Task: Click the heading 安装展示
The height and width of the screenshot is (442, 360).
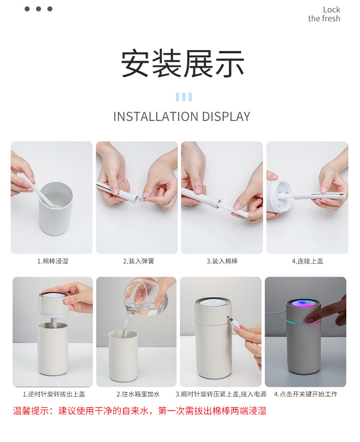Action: [x=182, y=63]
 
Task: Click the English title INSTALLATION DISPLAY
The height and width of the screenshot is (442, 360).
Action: [x=181, y=116]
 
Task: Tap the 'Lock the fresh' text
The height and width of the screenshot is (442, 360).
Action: [x=324, y=14]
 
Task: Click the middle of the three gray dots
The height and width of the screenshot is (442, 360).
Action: [x=38, y=9]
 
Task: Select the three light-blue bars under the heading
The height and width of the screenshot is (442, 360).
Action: [x=183, y=97]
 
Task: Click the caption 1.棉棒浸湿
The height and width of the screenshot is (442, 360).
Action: [x=52, y=261]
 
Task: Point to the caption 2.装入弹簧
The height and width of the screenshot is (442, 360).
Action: [x=138, y=261]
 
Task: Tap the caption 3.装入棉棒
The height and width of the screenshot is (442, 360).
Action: [x=222, y=261]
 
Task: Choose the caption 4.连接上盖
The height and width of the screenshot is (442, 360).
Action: [x=307, y=261]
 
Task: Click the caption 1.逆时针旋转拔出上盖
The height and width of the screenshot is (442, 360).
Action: [x=54, y=394]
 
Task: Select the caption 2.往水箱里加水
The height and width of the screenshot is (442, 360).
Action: [x=138, y=394]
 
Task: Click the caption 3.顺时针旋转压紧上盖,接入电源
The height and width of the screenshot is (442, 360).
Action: [x=221, y=394]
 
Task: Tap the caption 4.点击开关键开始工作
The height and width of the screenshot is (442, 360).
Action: [x=306, y=394]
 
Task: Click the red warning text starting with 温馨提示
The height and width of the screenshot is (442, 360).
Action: [x=139, y=411]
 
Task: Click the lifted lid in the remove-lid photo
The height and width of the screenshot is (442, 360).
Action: [x=54, y=304]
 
